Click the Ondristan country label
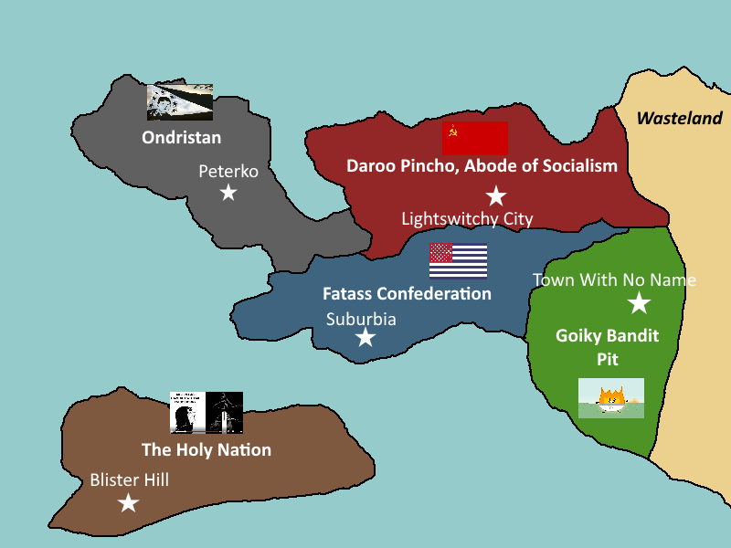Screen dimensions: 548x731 181,138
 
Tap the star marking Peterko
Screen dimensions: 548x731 228,193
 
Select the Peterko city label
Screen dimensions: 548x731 228,172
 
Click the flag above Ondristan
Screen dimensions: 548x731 180,102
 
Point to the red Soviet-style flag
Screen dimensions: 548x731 474,138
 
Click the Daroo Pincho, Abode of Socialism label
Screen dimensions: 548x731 482,166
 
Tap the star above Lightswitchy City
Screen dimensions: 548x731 495,195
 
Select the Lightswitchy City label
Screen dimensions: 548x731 467,218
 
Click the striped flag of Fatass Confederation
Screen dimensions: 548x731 458,260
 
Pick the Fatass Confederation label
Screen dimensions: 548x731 407,294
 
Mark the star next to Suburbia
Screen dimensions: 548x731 365,338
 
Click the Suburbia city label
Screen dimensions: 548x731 361,320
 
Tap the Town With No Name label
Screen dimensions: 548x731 614,280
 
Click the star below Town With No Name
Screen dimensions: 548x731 639,304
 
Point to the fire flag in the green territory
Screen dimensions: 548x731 611,398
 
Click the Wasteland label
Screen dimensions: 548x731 679,119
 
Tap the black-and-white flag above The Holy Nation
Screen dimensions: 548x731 207,412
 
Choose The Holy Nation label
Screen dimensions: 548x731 207,450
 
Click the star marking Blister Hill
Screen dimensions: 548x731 129,503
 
